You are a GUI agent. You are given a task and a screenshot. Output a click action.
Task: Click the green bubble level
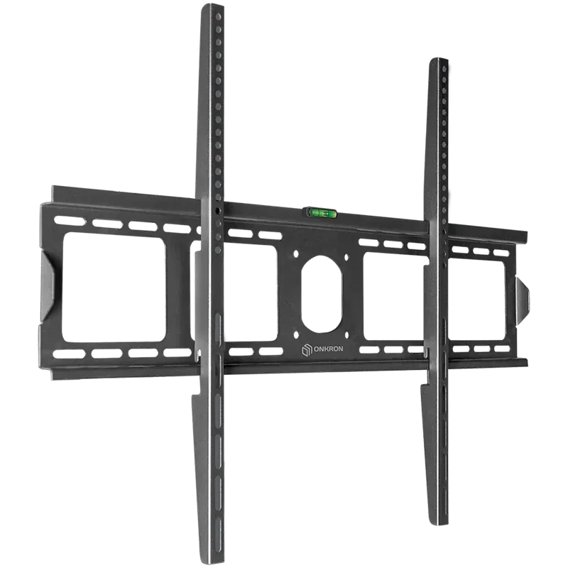click(320, 213)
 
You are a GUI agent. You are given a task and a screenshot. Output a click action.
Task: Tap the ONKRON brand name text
click(327, 349)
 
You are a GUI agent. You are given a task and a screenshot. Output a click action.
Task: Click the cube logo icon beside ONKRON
click(306, 350)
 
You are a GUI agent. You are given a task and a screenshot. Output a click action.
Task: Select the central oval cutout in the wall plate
click(322, 293)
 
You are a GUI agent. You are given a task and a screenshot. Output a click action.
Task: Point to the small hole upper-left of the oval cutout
click(296, 253)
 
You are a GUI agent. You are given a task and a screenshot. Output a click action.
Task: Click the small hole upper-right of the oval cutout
click(346, 258)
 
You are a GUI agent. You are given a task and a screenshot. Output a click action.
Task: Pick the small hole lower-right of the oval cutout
click(346, 336)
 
